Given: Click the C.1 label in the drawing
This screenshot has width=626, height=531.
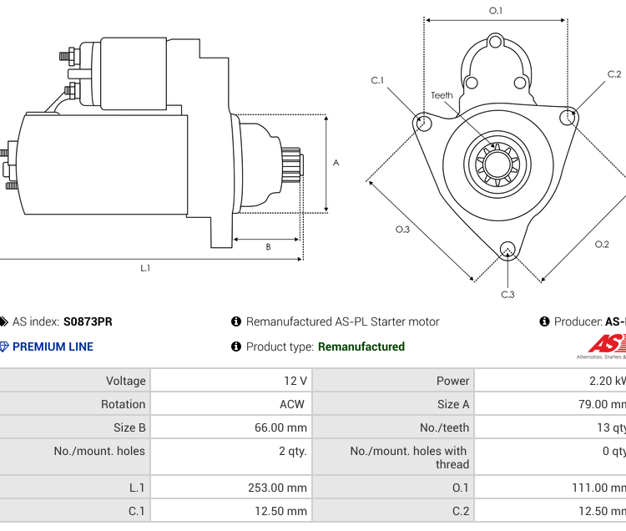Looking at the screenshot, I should point(377,81).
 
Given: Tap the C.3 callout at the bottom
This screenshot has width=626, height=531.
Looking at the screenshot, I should point(507,294).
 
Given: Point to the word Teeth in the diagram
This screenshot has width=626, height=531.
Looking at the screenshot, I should point(442,95).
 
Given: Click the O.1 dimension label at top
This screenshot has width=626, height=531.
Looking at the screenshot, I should point(495,11).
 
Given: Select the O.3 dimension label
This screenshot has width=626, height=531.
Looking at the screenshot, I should point(402,229).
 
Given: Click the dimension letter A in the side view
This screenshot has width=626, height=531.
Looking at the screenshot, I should point(336,163).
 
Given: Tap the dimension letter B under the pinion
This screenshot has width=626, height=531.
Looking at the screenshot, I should point(268,246).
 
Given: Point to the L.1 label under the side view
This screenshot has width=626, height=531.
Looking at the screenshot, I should point(145,268).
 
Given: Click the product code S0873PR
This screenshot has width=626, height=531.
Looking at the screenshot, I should point(88,321).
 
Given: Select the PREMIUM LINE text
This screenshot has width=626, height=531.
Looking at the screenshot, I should point(53,346).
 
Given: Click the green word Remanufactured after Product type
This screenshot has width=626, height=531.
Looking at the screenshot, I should point(361,346).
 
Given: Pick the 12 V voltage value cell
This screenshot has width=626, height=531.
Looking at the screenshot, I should point(295,381).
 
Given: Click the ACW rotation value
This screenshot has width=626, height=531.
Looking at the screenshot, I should point(292,404).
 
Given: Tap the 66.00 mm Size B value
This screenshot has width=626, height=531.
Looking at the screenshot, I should point(281,427).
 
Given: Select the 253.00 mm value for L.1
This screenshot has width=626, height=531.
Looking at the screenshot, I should point(278,488).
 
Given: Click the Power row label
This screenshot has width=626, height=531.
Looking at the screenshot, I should point(452,381).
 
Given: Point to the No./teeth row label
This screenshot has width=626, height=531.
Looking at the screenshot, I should point(444,427).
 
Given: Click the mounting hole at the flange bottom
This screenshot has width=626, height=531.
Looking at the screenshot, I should point(507,248).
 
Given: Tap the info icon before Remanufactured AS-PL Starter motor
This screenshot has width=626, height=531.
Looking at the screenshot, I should point(236,321).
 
